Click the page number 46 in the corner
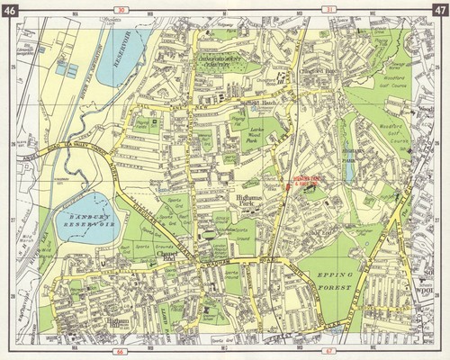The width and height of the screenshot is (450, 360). [11, 11]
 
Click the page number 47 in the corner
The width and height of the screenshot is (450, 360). [437, 11]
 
